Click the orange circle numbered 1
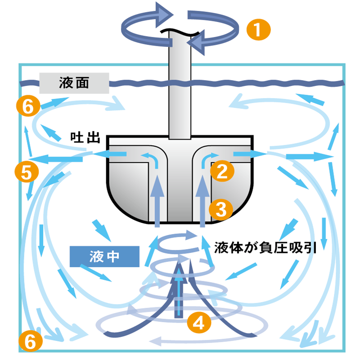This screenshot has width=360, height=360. [258, 30]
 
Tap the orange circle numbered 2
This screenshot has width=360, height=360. [222, 171]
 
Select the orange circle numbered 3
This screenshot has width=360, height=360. [221, 209]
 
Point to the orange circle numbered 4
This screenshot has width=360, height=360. [199, 322]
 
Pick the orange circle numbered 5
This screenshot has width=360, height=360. [27, 171]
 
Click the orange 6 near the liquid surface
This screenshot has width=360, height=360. [28, 106]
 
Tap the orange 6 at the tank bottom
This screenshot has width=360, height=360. [31, 341]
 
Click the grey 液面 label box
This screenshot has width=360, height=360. [74, 83]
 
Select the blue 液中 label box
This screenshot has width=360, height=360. [104, 256]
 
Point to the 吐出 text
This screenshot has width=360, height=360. [85, 138]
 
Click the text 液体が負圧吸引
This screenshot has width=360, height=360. [265, 248]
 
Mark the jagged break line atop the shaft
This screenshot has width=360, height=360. [180, 31]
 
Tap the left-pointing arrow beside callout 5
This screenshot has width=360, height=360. [56, 159]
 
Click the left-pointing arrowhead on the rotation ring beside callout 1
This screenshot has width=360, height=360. [196, 42]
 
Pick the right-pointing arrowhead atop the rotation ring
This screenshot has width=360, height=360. [164, 15]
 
